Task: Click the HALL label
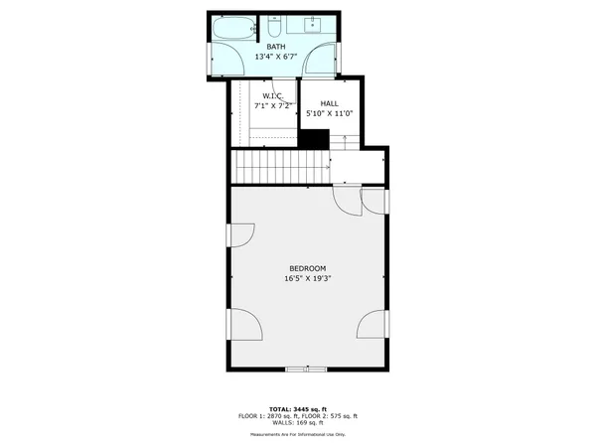329,103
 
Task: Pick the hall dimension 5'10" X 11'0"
329,113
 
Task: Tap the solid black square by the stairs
314,140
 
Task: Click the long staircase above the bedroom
280,166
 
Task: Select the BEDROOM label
307,268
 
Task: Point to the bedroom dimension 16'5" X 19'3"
307,279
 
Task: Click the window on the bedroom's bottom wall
297,370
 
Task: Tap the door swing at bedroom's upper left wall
241,234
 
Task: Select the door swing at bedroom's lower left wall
243,324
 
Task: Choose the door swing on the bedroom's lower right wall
372,324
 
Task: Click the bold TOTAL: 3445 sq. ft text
297,408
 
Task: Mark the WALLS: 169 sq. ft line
297,423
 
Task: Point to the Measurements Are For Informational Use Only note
297,435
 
